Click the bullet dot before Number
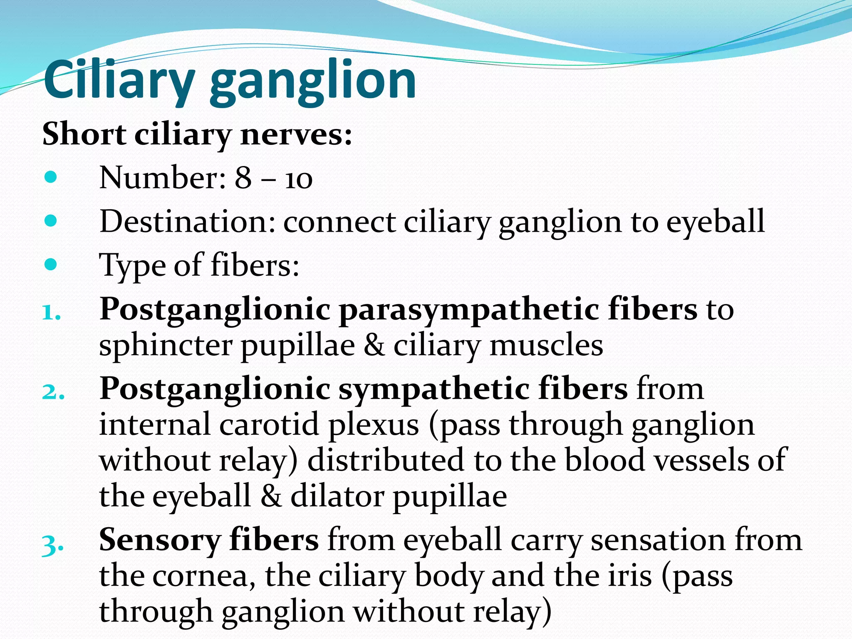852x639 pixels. click(x=51, y=178)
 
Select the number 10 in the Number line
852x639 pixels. click(x=298, y=179)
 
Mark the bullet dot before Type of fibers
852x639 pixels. click(x=51, y=265)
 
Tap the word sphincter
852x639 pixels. click(x=166, y=346)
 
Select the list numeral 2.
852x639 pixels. click(x=53, y=391)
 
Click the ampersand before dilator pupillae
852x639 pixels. click(x=271, y=496)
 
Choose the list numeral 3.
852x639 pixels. click(x=53, y=543)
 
